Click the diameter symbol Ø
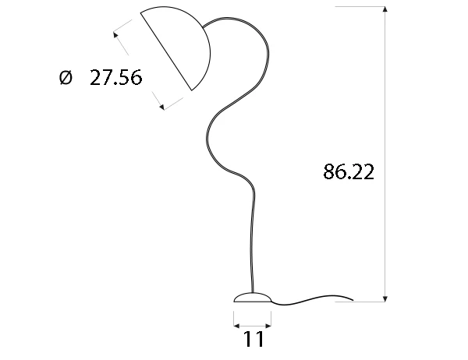click(65, 78)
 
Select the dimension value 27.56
click(115, 78)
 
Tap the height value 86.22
click(349, 172)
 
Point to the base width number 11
click(253, 340)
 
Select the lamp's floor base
click(253, 297)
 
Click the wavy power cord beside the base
click(312, 298)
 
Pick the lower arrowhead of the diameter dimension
click(161, 106)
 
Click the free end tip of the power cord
click(353, 299)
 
